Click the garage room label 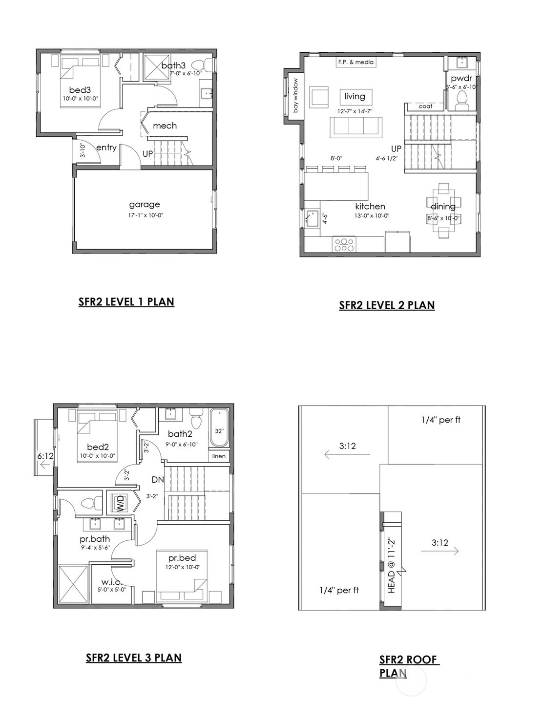click(x=144, y=205)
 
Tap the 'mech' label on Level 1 click(x=165, y=126)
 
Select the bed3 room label click(x=80, y=90)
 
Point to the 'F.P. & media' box click(x=355, y=62)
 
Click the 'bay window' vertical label click(x=295, y=96)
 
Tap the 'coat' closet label click(x=425, y=106)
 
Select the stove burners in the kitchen click(x=344, y=244)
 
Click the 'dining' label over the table click(x=443, y=206)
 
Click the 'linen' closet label click(x=219, y=456)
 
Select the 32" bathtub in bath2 click(x=219, y=428)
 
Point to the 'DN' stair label click(x=157, y=480)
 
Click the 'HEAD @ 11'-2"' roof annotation click(x=391, y=566)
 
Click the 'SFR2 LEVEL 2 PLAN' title click(x=387, y=305)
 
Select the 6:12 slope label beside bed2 click(x=45, y=456)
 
